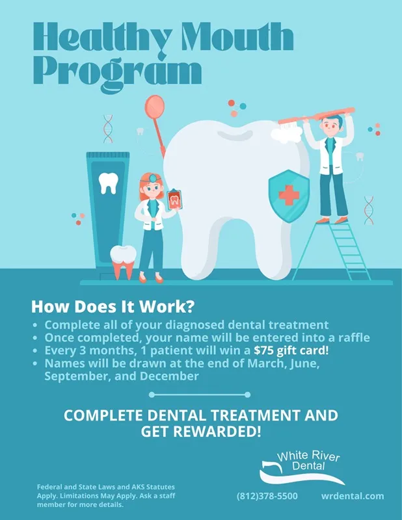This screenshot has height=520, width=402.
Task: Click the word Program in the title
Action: (x=118, y=73)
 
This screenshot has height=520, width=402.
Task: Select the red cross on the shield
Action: (x=289, y=195)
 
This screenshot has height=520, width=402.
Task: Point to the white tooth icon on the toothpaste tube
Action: (x=108, y=183)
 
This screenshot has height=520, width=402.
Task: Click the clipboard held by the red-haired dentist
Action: (x=174, y=200)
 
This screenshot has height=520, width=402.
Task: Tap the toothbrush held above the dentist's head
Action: (x=316, y=117)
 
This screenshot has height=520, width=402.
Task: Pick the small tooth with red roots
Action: (x=123, y=262)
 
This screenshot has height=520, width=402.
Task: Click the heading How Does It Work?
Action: (x=113, y=307)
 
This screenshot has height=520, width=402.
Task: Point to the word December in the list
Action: (x=169, y=376)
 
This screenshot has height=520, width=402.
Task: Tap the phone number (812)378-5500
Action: (x=267, y=496)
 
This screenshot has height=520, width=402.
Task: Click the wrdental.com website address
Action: (x=353, y=496)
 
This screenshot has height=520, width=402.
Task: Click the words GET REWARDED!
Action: (x=201, y=432)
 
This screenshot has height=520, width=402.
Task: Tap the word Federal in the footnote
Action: (x=49, y=487)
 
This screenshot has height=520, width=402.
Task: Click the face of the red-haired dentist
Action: (x=152, y=189)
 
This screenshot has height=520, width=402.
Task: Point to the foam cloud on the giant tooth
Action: (x=287, y=135)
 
